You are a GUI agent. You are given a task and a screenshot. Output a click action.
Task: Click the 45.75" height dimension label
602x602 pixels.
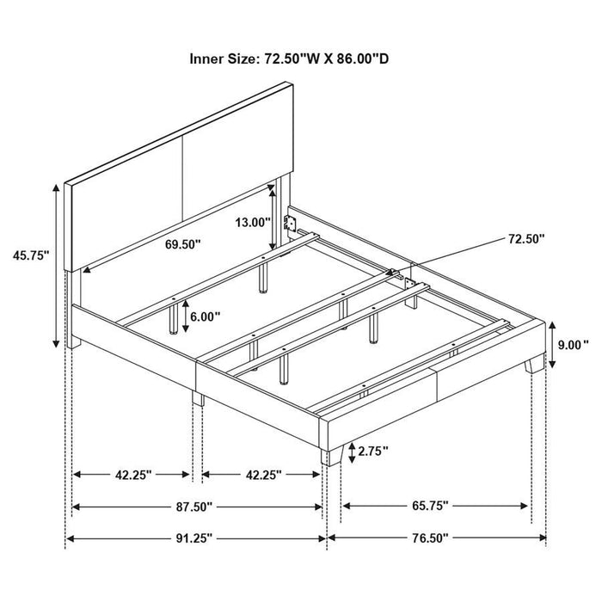31,255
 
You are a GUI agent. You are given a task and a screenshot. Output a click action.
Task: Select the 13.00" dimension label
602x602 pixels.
253,221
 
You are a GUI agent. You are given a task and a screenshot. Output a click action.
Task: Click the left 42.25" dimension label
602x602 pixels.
132,474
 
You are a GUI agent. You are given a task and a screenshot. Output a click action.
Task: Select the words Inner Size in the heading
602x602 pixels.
220,60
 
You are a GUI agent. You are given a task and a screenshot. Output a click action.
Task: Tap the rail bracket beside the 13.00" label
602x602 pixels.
292,224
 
